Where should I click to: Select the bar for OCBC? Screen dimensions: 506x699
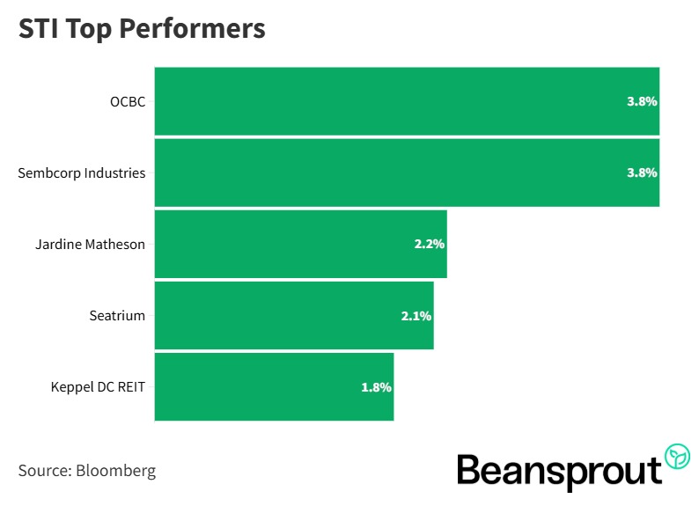pos(387,101)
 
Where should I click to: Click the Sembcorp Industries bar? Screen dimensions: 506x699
pos(387,172)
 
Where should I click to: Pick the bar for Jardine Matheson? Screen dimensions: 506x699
pos(282,244)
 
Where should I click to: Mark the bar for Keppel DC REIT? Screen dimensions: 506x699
pos(255,386)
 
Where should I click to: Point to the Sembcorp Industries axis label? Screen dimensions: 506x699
pos(81,172)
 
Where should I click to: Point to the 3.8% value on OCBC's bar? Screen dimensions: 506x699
pos(642,101)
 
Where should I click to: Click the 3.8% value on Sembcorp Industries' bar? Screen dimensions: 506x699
pos(642,172)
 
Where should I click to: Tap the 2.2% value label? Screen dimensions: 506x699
pos(430,244)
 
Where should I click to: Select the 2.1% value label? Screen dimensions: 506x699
pos(416,315)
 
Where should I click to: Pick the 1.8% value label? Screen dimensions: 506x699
pos(376,386)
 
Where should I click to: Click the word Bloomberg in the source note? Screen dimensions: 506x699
pos(116,470)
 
